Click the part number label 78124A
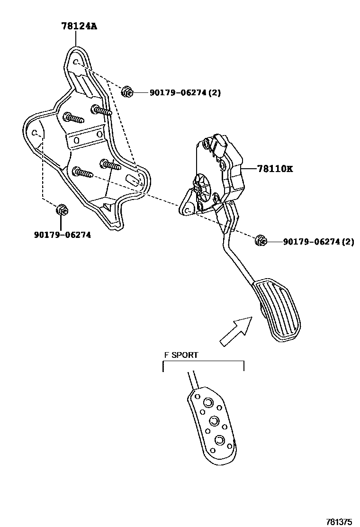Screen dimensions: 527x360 pos(79,27)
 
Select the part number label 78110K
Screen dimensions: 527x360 pos(275,169)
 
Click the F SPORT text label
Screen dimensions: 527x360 pos(181,355)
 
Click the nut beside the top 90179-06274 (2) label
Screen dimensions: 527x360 pos(127,92)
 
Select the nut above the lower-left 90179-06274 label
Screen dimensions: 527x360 pos(62,209)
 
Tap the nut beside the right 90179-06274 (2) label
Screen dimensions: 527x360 pos(260,241)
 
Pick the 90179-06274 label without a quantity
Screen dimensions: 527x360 pos(62,234)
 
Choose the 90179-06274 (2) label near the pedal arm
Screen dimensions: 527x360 pos(318,242)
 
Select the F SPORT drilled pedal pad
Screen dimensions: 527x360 pos(213,422)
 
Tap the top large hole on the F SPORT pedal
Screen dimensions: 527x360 pos(207,402)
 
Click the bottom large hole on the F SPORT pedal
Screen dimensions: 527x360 pos(219,440)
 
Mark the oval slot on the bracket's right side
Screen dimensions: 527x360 pos(134,180)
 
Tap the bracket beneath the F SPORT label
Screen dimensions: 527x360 pos(203,365)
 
